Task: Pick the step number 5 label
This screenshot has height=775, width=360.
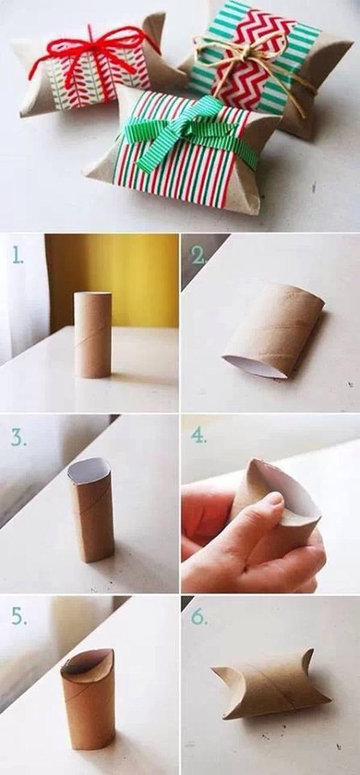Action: [18, 617]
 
